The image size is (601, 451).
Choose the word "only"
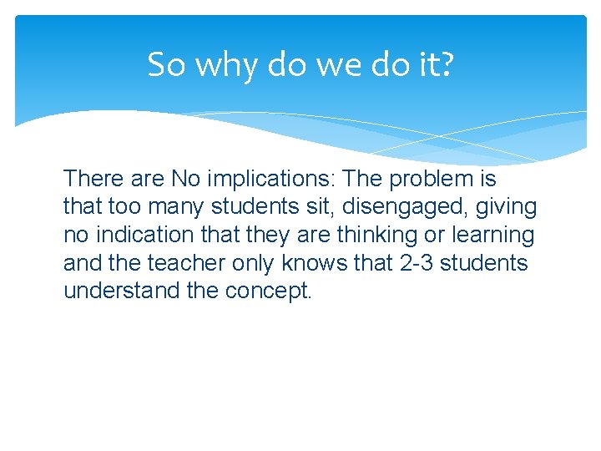click(255, 263)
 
